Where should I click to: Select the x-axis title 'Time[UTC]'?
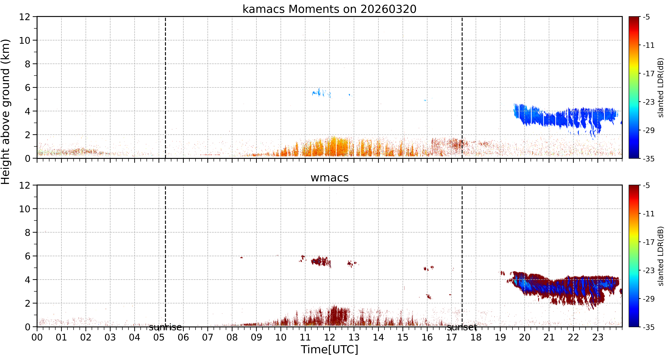(x=329, y=350)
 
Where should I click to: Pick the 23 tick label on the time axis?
(x=598, y=337)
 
